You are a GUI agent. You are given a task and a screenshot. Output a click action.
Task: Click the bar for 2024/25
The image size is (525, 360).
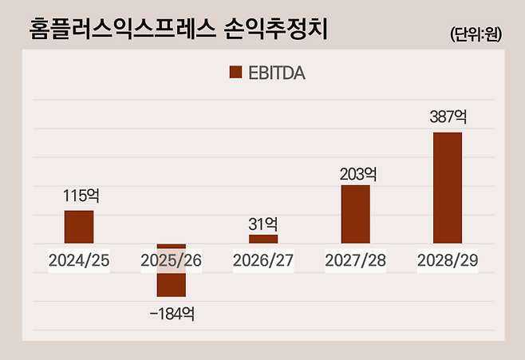point(79,227)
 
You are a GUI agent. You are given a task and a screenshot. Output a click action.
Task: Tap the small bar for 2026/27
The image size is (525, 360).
point(263,239)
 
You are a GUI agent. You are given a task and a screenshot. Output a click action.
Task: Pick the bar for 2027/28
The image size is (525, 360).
point(355,214)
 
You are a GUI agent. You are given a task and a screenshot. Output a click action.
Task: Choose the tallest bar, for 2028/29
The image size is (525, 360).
point(448,188)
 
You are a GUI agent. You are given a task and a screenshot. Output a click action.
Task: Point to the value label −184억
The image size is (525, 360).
point(172,313)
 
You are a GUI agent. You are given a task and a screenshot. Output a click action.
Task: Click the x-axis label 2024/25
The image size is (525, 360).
point(78,260)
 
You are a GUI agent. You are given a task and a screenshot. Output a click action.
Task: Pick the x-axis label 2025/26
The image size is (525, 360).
point(171,260)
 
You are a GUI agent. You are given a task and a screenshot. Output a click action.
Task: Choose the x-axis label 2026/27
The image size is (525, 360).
point(263,260)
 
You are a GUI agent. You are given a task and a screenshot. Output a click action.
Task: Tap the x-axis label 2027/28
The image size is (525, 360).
point(356,260)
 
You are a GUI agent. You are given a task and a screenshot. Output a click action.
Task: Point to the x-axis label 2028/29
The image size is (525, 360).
point(448,260)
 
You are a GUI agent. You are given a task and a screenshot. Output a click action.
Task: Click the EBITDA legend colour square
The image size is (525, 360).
point(235,73)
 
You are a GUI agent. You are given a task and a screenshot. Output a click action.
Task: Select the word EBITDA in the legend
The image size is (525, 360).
point(276,73)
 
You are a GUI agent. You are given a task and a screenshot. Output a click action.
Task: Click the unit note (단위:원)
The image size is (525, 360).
point(476,34)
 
